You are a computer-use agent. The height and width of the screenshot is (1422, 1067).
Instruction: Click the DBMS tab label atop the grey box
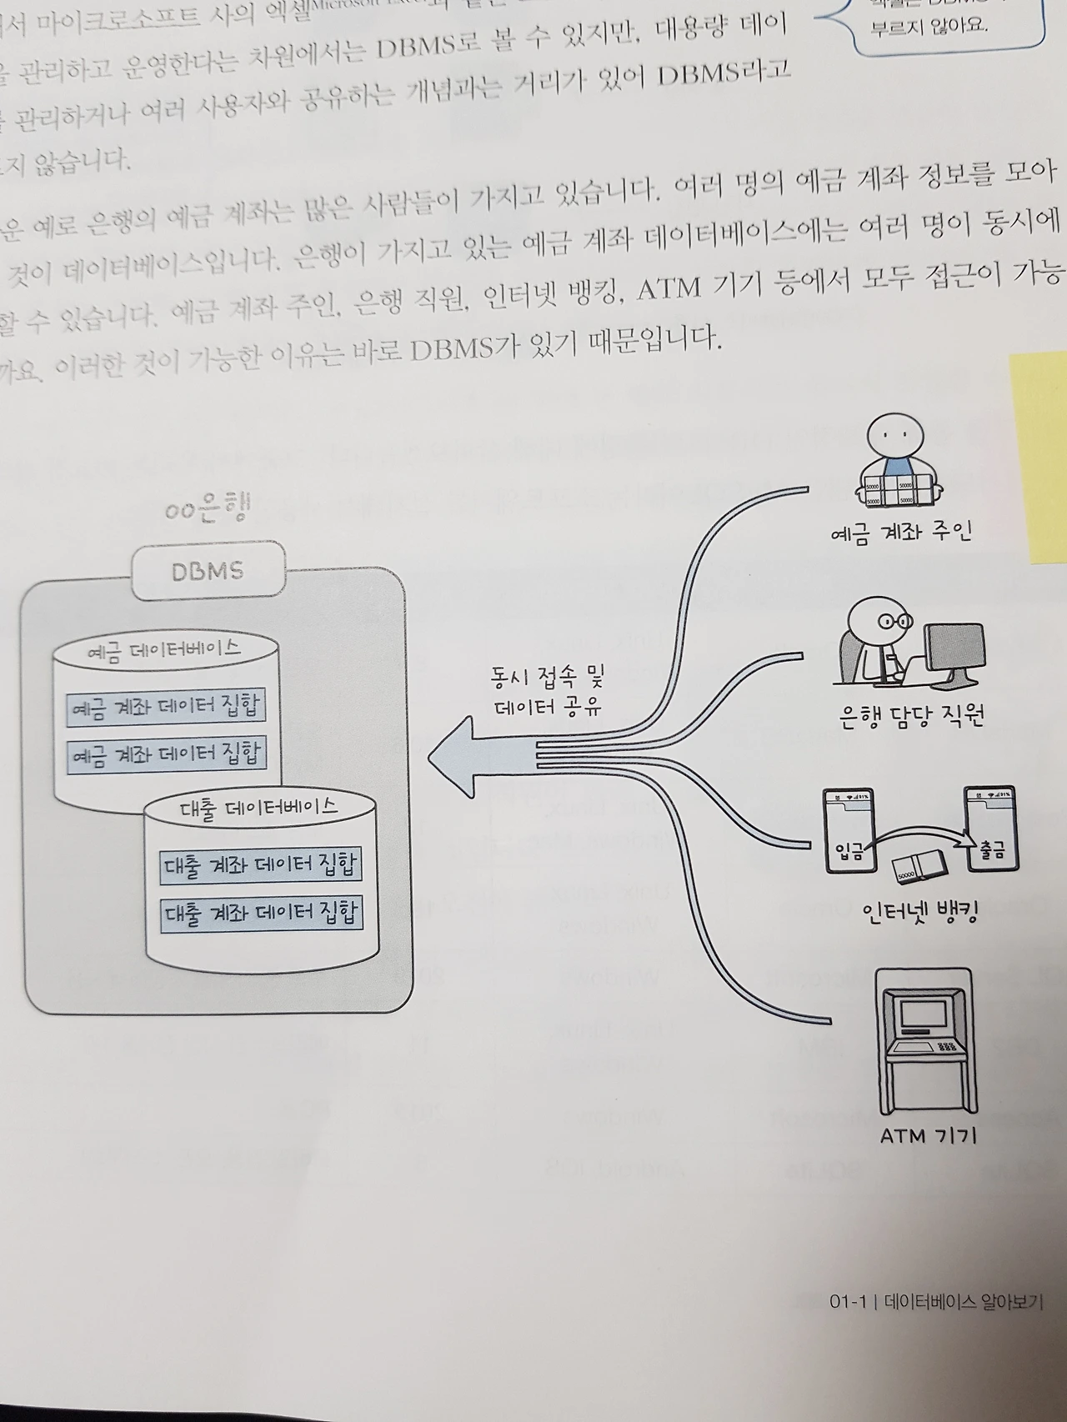208,571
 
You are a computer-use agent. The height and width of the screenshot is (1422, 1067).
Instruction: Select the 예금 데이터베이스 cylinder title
164,650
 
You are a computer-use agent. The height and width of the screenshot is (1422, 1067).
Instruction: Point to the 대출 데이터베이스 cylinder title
259,807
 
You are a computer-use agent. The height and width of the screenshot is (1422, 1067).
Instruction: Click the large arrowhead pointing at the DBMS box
454,756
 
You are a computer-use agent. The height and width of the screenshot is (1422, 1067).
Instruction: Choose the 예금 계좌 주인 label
901,532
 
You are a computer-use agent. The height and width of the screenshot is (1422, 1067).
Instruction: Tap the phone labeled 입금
849,830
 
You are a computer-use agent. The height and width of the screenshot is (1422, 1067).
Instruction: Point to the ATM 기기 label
928,1135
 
